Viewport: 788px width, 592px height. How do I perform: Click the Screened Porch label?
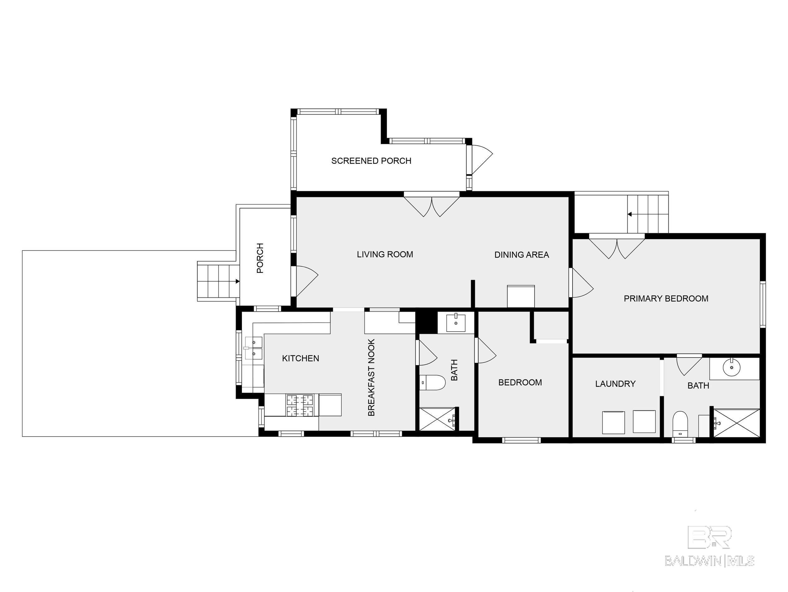pos(371,161)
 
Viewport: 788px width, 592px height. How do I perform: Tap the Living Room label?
pos(385,254)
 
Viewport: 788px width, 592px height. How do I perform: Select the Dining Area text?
pos(521,255)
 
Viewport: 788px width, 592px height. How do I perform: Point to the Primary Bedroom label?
pos(666,299)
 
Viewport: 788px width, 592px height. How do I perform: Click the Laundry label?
pos(615,384)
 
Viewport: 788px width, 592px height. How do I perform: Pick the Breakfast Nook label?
pos(371,377)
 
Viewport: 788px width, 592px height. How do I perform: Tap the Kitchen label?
pos(300,359)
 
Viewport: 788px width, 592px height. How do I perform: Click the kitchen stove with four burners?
pos(300,405)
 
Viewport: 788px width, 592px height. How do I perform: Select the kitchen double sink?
pos(254,348)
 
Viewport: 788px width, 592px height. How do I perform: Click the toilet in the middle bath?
pos(432,383)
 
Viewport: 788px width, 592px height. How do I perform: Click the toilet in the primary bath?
pos(680,424)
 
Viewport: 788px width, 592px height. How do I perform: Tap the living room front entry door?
pos(306,281)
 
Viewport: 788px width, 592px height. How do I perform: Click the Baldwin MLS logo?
pos(709,551)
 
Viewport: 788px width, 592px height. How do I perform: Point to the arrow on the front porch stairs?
pos(237,281)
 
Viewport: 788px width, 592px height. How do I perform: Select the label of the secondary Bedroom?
pos(520,383)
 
